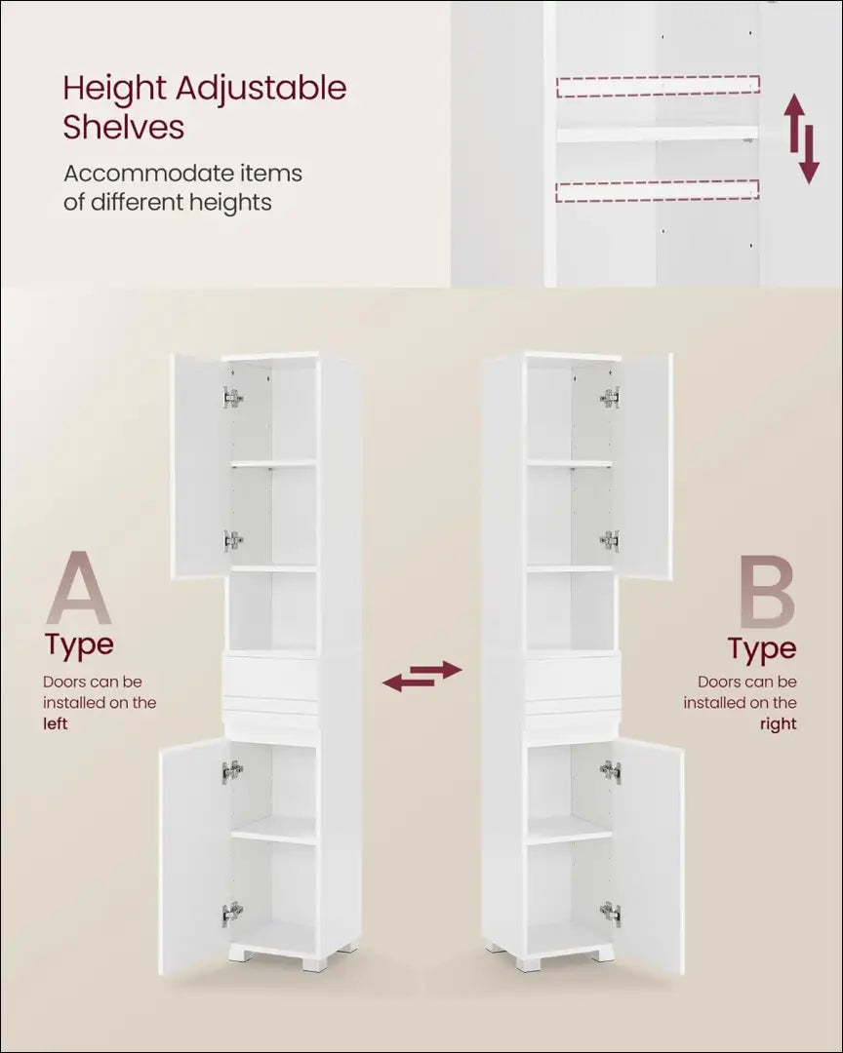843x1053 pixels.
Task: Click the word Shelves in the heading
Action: pyautogui.click(x=124, y=126)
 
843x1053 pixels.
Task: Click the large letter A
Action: pyautogui.click(x=79, y=588)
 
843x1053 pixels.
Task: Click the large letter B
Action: pyautogui.click(x=766, y=591)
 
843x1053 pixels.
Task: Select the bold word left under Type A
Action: pyautogui.click(x=56, y=723)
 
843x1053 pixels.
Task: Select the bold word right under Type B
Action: pyautogui.click(x=778, y=724)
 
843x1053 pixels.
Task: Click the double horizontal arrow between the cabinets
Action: pyautogui.click(x=422, y=677)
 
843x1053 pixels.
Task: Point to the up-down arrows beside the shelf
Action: pyautogui.click(x=801, y=139)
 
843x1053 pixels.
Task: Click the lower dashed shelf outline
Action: pyautogui.click(x=657, y=191)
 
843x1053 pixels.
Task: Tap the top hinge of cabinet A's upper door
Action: pyautogui.click(x=232, y=398)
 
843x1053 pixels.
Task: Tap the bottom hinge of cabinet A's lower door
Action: pyautogui.click(x=232, y=914)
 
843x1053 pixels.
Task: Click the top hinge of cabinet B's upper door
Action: pyautogui.click(x=611, y=398)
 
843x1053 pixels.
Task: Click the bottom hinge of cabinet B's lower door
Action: pyautogui.click(x=611, y=914)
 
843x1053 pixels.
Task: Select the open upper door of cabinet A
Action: pyautogui.click(x=199, y=465)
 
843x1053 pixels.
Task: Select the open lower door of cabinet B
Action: pyautogui.click(x=648, y=856)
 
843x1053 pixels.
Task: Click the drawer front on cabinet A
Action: pyautogui.click(x=270, y=679)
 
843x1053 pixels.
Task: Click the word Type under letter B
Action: pyautogui.click(x=762, y=648)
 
